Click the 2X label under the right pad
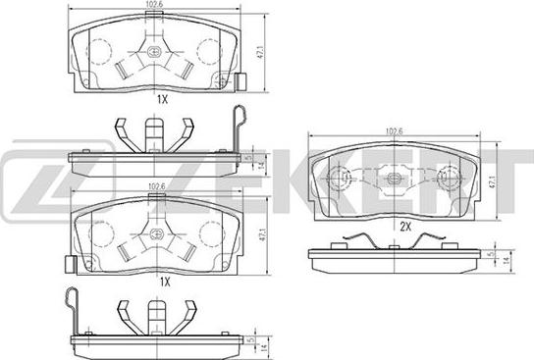(x=405, y=227)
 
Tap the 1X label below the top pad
(x=162, y=99)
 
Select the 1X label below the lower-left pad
(x=165, y=282)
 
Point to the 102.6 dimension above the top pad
(x=154, y=5)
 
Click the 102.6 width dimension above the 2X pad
(x=394, y=131)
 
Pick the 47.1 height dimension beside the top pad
(x=260, y=53)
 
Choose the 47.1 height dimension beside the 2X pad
(x=492, y=181)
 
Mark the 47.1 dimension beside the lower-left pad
(x=262, y=235)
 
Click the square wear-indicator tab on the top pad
(x=240, y=82)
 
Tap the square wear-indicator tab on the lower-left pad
(x=71, y=265)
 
